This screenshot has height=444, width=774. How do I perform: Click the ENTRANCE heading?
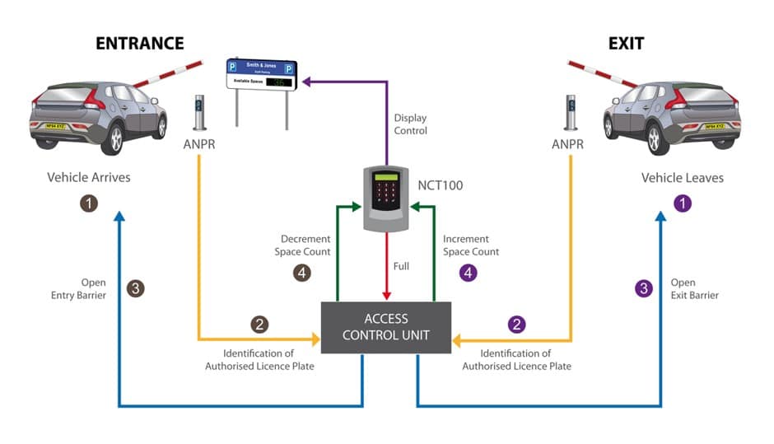(139, 43)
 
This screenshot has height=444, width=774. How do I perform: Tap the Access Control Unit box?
(385, 327)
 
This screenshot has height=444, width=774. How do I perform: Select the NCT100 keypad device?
(385, 199)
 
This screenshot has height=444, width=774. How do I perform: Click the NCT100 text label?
(441, 185)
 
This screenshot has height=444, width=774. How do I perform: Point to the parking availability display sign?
(261, 76)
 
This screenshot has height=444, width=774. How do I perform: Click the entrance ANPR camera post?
(198, 113)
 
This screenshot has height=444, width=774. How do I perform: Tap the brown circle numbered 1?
(89, 202)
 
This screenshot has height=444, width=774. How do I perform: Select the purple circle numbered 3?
(645, 288)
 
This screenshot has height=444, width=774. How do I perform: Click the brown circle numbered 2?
(259, 325)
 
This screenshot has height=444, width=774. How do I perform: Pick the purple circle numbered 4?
(469, 273)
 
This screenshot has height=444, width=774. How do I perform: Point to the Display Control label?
(410, 124)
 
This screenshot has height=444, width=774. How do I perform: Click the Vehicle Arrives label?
(89, 177)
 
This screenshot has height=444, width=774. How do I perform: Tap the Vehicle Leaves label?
(683, 177)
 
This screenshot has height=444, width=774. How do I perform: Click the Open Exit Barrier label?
(694, 288)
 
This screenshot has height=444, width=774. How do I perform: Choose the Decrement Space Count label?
(302, 245)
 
